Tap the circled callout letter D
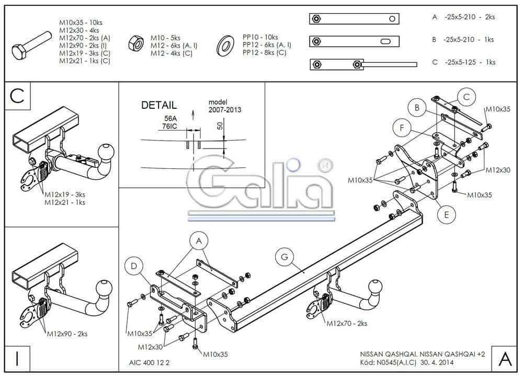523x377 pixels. (133, 267)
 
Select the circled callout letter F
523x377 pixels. (402, 128)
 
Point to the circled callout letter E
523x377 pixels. (446, 214)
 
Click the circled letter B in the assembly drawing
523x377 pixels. (417, 108)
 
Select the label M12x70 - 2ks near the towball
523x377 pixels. (347, 324)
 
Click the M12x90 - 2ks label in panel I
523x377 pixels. (67, 333)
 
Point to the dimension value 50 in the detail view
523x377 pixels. (220, 125)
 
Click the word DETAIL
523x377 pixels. (159, 105)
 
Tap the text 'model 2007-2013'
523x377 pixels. (225, 106)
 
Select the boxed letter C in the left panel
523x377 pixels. (17, 96)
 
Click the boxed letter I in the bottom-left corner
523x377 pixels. (17, 359)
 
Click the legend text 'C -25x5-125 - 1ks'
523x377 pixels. (463, 62)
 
